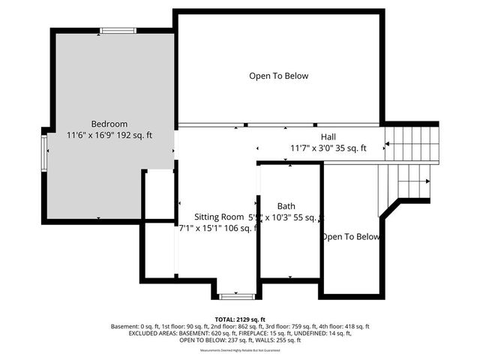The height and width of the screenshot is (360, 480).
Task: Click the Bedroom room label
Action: pyautogui.click(x=109, y=124)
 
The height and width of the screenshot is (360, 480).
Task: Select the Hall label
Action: pyautogui.click(x=328, y=136)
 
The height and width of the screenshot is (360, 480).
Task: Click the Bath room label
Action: pyautogui.click(x=286, y=205)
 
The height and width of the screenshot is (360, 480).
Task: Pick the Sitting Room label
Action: pyautogui.click(x=214, y=216)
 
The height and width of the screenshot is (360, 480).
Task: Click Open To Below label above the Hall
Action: pyautogui.click(x=279, y=76)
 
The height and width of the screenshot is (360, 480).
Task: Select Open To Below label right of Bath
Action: pyautogui.click(x=351, y=237)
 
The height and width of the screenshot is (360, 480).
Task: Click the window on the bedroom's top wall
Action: pyautogui.click(x=118, y=31)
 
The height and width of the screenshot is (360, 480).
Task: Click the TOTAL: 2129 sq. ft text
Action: pyautogui.click(x=240, y=319)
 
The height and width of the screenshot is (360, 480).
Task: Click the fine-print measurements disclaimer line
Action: pyautogui.click(x=240, y=350)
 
